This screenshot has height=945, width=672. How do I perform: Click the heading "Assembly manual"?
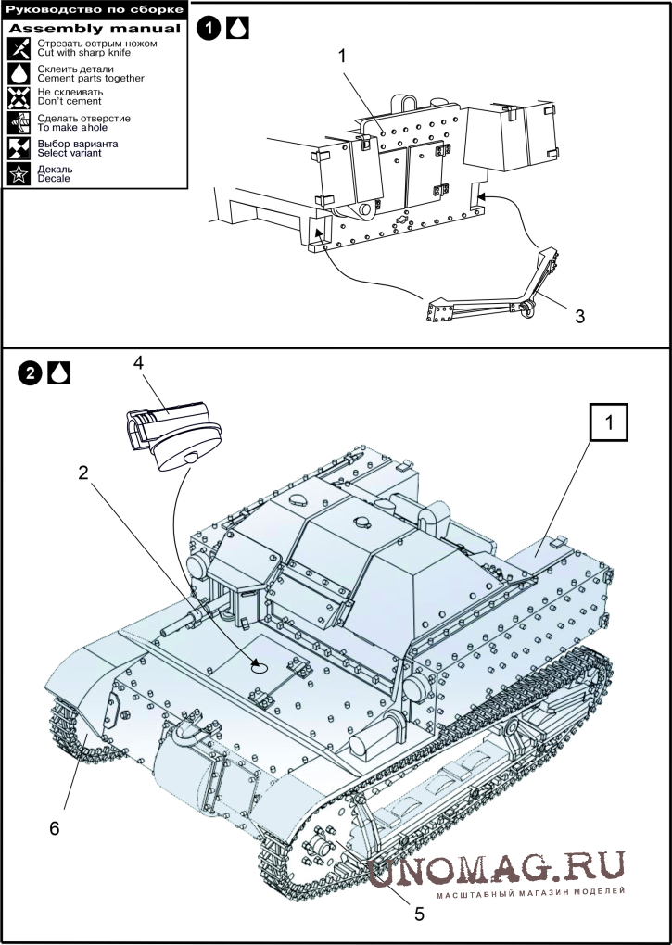click(x=95, y=29)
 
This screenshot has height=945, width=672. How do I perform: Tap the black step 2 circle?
click(x=30, y=373)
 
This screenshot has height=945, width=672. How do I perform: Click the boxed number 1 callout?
click(x=609, y=423)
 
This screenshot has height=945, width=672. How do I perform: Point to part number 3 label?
click(x=579, y=316)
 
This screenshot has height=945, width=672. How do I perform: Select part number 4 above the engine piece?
click(x=139, y=363)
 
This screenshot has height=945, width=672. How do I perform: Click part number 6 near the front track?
click(x=55, y=828)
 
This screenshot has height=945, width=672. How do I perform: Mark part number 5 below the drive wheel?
click(x=420, y=913)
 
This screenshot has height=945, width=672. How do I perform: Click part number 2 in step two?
click(x=83, y=472)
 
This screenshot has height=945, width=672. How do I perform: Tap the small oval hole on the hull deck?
click(x=259, y=667)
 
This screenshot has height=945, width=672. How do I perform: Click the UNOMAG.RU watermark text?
click(x=496, y=870)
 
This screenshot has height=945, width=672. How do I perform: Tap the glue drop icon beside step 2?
click(x=58, y=373)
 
